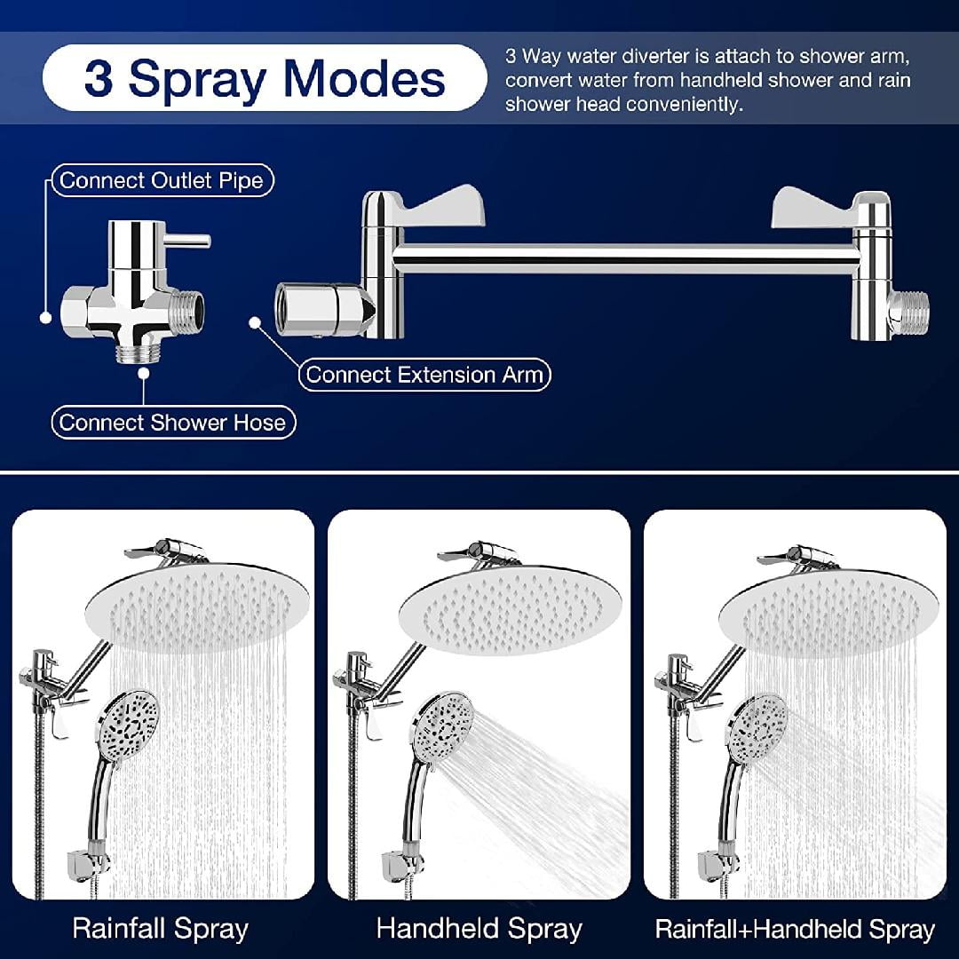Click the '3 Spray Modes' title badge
point(265,78)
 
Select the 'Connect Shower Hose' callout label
point(172,422)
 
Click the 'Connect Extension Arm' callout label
point(424,375)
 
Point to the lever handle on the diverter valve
point(188,240)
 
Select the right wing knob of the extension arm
point(812,207)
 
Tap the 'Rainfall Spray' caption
point(160,929)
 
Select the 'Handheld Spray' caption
point(479,929)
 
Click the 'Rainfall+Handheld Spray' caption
point(795,929)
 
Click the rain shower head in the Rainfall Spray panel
point(200,604)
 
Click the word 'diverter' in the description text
point(653,57)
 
